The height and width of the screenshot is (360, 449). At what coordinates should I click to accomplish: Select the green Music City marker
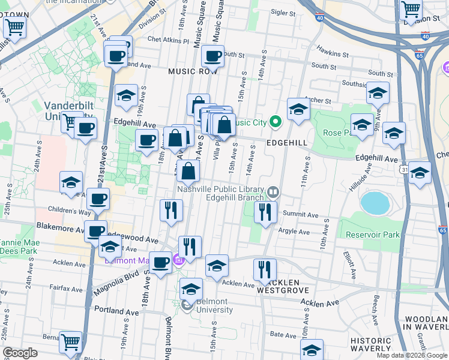pos(276,122)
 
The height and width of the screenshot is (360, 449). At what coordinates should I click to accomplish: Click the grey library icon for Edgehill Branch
pos(273,192)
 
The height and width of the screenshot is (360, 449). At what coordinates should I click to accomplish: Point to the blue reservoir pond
pos(375,203)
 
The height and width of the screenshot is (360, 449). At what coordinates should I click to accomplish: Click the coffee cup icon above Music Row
pos(212,56)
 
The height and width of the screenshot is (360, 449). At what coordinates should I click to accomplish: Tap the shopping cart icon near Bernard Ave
pos(71,341)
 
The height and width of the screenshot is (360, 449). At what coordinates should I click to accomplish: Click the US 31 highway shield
pos(406,170)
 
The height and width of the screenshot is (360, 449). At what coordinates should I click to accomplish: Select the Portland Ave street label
pos(104,312)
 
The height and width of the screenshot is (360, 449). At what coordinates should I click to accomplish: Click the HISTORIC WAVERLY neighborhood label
pos(372,345)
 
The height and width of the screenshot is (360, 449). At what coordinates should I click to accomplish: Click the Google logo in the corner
pos(20,353)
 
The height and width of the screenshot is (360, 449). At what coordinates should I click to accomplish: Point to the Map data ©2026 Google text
pos(412,355)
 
